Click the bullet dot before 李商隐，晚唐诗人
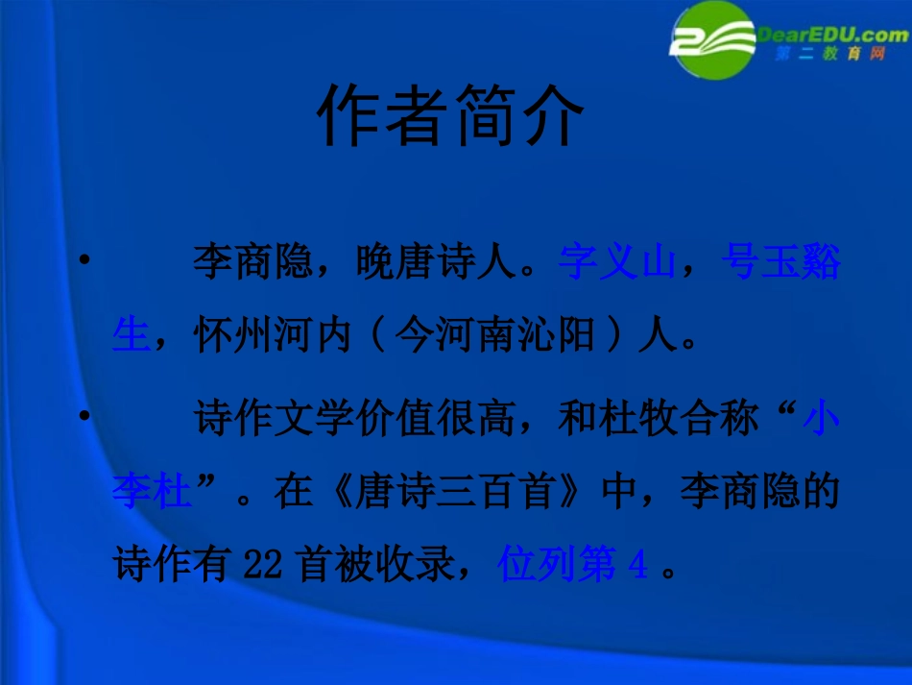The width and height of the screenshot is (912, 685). (86, 259)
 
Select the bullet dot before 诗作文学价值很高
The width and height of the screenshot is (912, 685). (86, 415)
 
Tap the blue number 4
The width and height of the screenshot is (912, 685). (637, 567)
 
